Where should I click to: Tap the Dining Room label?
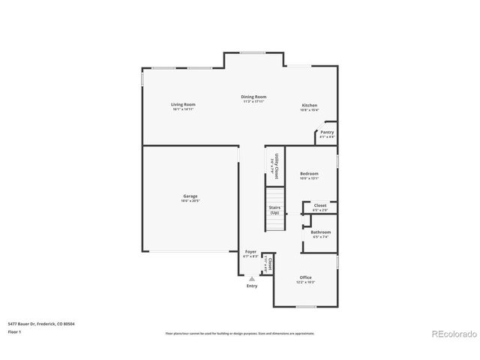tap(254, 97)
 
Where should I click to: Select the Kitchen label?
tap(310, 105)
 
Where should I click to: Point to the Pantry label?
tap(327, 132)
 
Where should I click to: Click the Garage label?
tap(190, 196)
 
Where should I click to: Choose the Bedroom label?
tap(310, 173)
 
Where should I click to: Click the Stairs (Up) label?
tap(274, 210)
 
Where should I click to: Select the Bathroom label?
tap(321, 232)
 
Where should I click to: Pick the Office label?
tap(305, 277)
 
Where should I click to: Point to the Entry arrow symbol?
tap(251, 277)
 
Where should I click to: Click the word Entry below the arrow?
tap(251, 286)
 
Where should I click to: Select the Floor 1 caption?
tap(14, 331)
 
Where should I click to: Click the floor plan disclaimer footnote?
tap(239, 331)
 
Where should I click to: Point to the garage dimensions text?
tap(190, 200)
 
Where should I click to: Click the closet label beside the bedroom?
tap(320, 205)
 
